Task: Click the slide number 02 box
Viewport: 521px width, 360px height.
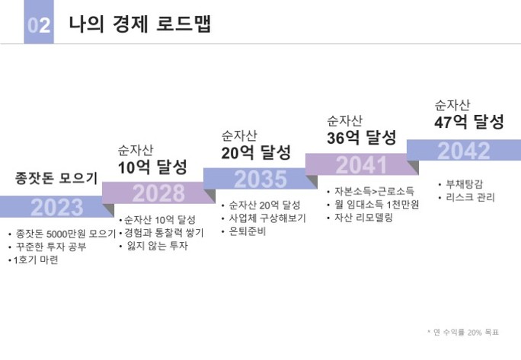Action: (x=39, y=24)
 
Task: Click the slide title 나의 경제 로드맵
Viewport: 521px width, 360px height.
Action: (x=139, y=24)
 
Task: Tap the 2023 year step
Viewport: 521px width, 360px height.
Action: (x=57, y=206)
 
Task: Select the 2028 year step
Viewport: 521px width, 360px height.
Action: (x=158, y=193)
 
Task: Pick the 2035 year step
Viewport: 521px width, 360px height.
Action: (x=260, y=179)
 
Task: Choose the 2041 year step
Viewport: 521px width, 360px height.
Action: (x=361, y=164)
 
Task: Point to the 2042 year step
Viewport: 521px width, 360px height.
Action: (x=463, y=151)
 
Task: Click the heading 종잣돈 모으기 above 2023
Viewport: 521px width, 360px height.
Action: (x=57, y=178)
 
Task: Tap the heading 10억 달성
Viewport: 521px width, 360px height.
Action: (x=152, y=167)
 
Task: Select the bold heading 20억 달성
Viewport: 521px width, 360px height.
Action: (x=257, y=152)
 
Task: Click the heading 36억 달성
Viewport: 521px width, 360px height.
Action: (x=362, y=138)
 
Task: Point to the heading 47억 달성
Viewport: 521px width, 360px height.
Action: (x=469, y=122)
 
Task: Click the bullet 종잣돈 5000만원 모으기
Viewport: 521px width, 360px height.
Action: (x=65, y=234)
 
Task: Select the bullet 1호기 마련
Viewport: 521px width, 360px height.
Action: (x=36, y=260)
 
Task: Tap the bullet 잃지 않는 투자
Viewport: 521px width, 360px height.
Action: (x=156, y=246)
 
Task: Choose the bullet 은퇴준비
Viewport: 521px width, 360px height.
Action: (x=248, y=231)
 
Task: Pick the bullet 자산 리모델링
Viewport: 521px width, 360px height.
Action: (x=363, y=218)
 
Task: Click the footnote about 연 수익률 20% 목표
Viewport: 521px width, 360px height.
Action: (x=463, y=332)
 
